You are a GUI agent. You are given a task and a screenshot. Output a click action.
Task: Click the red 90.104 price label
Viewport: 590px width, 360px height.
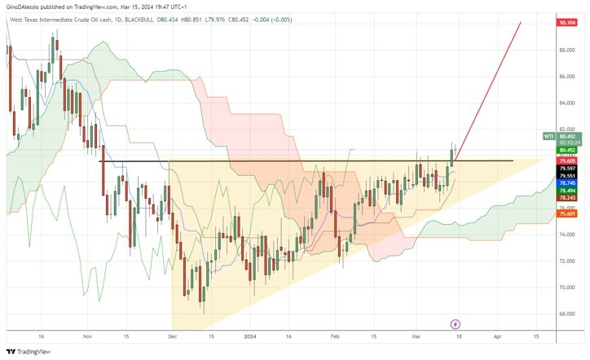coord(566,24)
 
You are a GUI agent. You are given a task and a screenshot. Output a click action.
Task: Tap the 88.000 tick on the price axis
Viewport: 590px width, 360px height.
coord(567,50)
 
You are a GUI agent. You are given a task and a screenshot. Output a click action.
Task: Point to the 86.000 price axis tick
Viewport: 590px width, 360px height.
coord(567,77)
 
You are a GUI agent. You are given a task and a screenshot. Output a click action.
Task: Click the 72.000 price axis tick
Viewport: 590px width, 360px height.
coord(567,261)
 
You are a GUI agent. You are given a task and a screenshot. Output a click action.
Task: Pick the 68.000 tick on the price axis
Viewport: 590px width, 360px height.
coord(567,314)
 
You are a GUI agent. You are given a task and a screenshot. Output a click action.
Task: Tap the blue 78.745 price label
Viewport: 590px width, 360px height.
coord(567,183)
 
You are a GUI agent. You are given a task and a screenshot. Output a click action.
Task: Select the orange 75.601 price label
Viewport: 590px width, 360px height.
coord(567,214)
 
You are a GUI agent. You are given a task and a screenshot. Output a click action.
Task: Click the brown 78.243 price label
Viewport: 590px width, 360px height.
coord(567,198)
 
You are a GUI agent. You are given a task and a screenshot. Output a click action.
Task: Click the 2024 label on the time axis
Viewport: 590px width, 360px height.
coord(249,335)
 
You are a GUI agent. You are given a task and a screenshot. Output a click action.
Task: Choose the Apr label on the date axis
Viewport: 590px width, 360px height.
coord(497,335)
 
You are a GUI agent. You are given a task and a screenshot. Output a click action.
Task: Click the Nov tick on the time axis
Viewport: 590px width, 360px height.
coord(88,335)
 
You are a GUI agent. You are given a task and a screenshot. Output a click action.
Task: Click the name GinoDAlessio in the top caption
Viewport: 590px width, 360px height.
coord(26,7)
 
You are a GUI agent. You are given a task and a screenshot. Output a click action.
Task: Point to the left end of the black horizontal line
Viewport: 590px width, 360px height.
coord(99,161)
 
